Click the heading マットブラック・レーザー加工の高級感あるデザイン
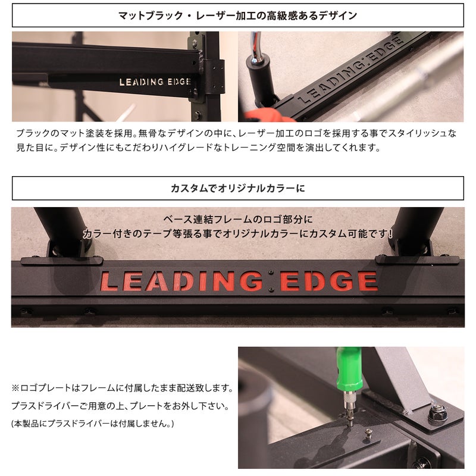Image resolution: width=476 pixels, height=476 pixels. coord(237,15)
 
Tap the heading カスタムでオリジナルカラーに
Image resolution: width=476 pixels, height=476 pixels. coord(237,188)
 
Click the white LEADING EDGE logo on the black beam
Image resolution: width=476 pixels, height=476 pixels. coord(155,82)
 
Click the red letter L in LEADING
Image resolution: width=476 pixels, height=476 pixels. coord(109,281)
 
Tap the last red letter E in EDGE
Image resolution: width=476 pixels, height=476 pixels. coord(368,281)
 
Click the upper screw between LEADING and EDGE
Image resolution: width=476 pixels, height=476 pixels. coord(271,273)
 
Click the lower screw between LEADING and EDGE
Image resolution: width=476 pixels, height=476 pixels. coord(271,290)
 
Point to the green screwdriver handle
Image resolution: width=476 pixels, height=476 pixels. coord(349,369)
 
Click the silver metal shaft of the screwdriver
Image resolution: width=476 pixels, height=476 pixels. coord(349,405)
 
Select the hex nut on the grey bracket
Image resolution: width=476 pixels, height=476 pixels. coord(437,412)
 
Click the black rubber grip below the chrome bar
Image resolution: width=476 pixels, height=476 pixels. coord(261,80)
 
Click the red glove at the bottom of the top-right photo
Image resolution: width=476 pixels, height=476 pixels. coord(269,115)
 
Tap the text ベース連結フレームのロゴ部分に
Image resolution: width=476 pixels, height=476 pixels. coord(237,219)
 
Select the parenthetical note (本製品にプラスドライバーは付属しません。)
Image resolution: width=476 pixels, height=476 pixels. coord(93,423)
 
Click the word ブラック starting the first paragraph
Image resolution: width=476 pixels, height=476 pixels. coord(33,133)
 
